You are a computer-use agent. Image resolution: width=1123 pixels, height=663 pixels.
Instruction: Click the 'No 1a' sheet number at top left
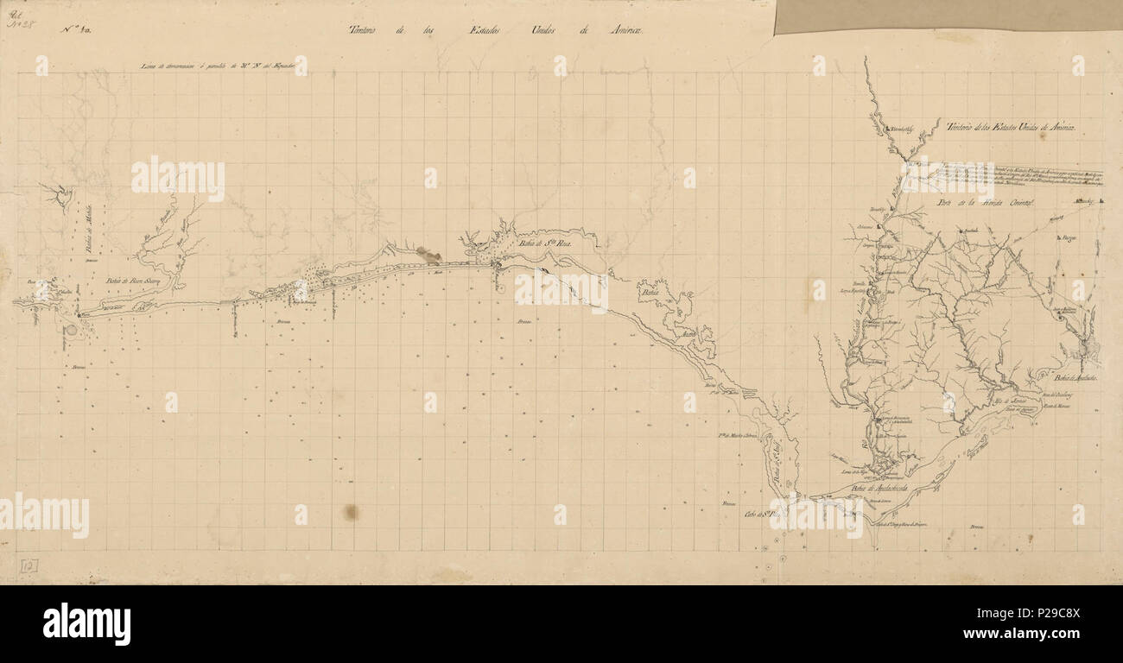click(x=77, y=30)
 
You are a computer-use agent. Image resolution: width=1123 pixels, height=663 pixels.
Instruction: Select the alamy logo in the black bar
click(x=86, y=623)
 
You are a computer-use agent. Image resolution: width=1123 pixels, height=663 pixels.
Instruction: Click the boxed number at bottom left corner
click(x=29, y=565)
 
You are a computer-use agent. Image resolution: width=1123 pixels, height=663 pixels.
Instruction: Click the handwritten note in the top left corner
click(x=16, y=17)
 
